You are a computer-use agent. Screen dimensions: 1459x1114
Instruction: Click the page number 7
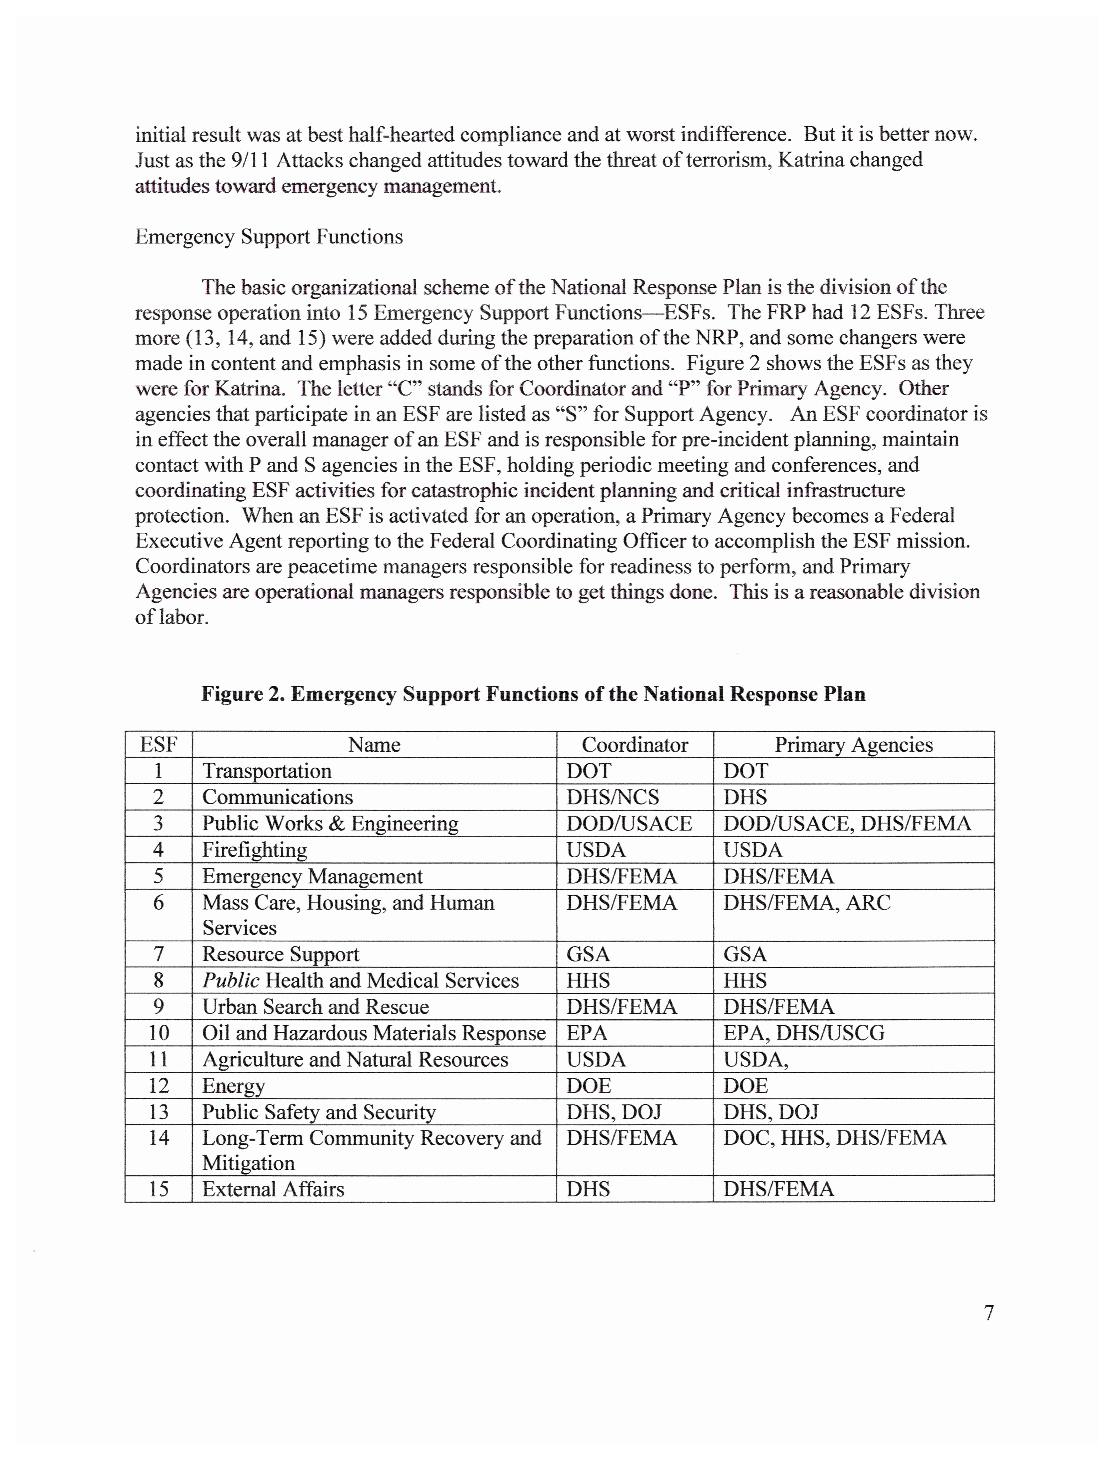click(989, 1312)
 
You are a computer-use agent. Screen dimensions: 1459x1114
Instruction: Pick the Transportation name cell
click(267, 771)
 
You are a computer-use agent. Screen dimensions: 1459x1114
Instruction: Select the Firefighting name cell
click(255, 850)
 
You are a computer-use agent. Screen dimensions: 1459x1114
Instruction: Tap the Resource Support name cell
click(280, 955)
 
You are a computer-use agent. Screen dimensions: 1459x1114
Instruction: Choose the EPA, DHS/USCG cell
click(804, 1033)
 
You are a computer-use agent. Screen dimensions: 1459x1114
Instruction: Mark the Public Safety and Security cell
click(319, 1112)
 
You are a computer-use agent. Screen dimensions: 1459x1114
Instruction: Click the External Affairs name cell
click(273, 1189)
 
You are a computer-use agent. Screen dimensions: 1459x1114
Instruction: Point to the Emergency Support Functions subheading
click(269, 237)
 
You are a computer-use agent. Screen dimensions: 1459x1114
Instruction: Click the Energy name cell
click(233, 1086)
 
